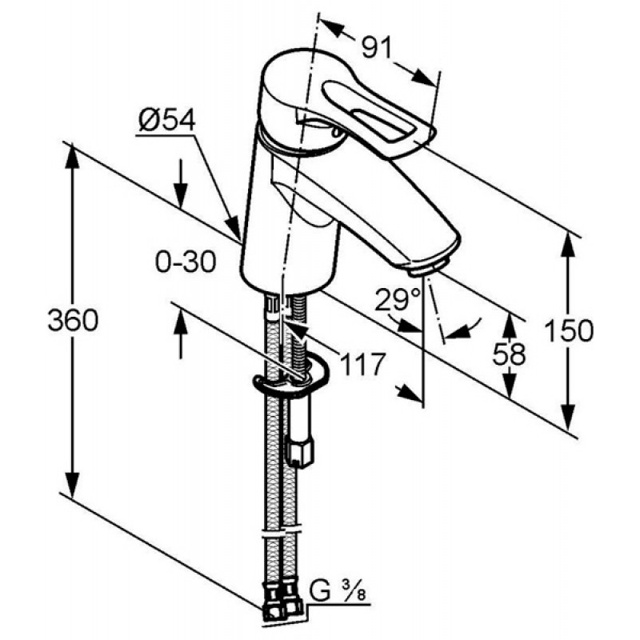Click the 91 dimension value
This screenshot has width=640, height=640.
[377, 48]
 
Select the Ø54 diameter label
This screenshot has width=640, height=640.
[167, 120]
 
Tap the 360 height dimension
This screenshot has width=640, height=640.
[73, 320]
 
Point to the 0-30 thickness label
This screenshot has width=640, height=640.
[186, 262]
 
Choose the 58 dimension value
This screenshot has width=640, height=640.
[509, 354]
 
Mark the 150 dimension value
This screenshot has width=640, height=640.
[569, 330]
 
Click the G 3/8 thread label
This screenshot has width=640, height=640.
[337, 591]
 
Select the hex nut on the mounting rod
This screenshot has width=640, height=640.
[301, 453]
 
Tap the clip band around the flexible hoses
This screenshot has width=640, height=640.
[281, 533]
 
